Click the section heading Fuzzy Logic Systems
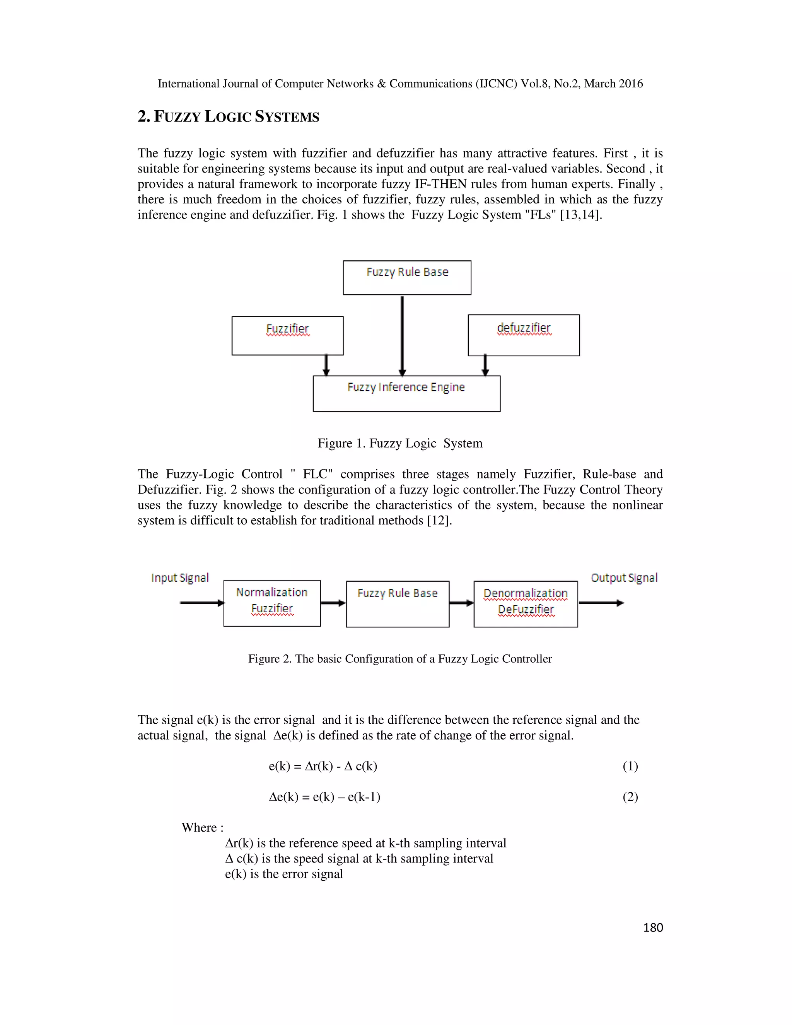[228, 117]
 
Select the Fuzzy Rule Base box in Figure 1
[407, 278]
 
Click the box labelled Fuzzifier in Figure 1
[287, 336]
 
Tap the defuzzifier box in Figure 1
[524, 335]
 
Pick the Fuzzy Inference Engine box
[406, 394]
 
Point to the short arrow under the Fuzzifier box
[326, 366]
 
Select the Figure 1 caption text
[400, 444]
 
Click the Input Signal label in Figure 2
[180, 578]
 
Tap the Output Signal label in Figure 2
[623, 578]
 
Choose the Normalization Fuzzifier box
[271, 603]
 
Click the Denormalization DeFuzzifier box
[526, 604]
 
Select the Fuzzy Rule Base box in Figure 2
[398, 604]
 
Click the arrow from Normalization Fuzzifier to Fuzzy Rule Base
[333, 603]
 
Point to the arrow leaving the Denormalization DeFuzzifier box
[601, 603]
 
